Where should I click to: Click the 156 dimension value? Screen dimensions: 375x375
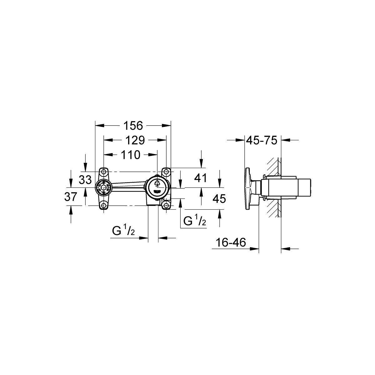pos(133,126)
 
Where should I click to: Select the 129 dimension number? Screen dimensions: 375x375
pos(135,140)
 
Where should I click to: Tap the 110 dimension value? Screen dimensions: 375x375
pos(130,155)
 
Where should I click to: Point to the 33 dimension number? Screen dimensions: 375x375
pos(85,180)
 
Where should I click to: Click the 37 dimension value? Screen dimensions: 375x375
pos(71,197)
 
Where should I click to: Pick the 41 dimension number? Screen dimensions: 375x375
pos(200,178)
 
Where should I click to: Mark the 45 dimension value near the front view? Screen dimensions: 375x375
pos(219,199)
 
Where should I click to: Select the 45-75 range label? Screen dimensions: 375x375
pos(262,140)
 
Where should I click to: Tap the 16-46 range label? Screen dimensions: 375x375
pos(231,242)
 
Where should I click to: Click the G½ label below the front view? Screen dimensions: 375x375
pos(123,230)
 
